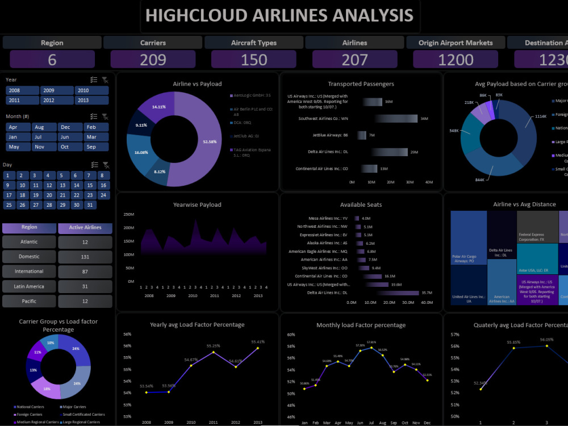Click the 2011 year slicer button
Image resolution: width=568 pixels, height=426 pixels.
pyautogui.click(x=22, y=100)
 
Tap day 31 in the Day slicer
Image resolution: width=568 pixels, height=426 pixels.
pyautogui.click(x=90, y=205)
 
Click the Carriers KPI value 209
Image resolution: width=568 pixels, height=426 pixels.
pyautogui.click(x=153, y=60)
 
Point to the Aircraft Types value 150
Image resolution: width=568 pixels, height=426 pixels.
pyautogui.click(x=254, y=60)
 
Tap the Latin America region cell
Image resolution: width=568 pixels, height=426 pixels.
pyautogui.click(x=29, y=286)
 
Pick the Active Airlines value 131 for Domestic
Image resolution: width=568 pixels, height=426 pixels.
pyautogui.click(x=85, y=257)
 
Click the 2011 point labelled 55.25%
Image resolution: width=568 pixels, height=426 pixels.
pyautogui.click(x=213, y=352)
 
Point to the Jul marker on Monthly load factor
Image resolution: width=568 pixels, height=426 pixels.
pyautogui.click(x=371, y=347)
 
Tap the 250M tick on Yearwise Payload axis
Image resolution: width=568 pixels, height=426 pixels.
pyautogui.click(x=128, y=214)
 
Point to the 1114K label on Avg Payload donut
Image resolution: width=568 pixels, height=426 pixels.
pyautogui.click(x=540, y=116)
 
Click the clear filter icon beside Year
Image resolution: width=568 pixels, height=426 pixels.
pyautogui.click(x=106, y=80)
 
